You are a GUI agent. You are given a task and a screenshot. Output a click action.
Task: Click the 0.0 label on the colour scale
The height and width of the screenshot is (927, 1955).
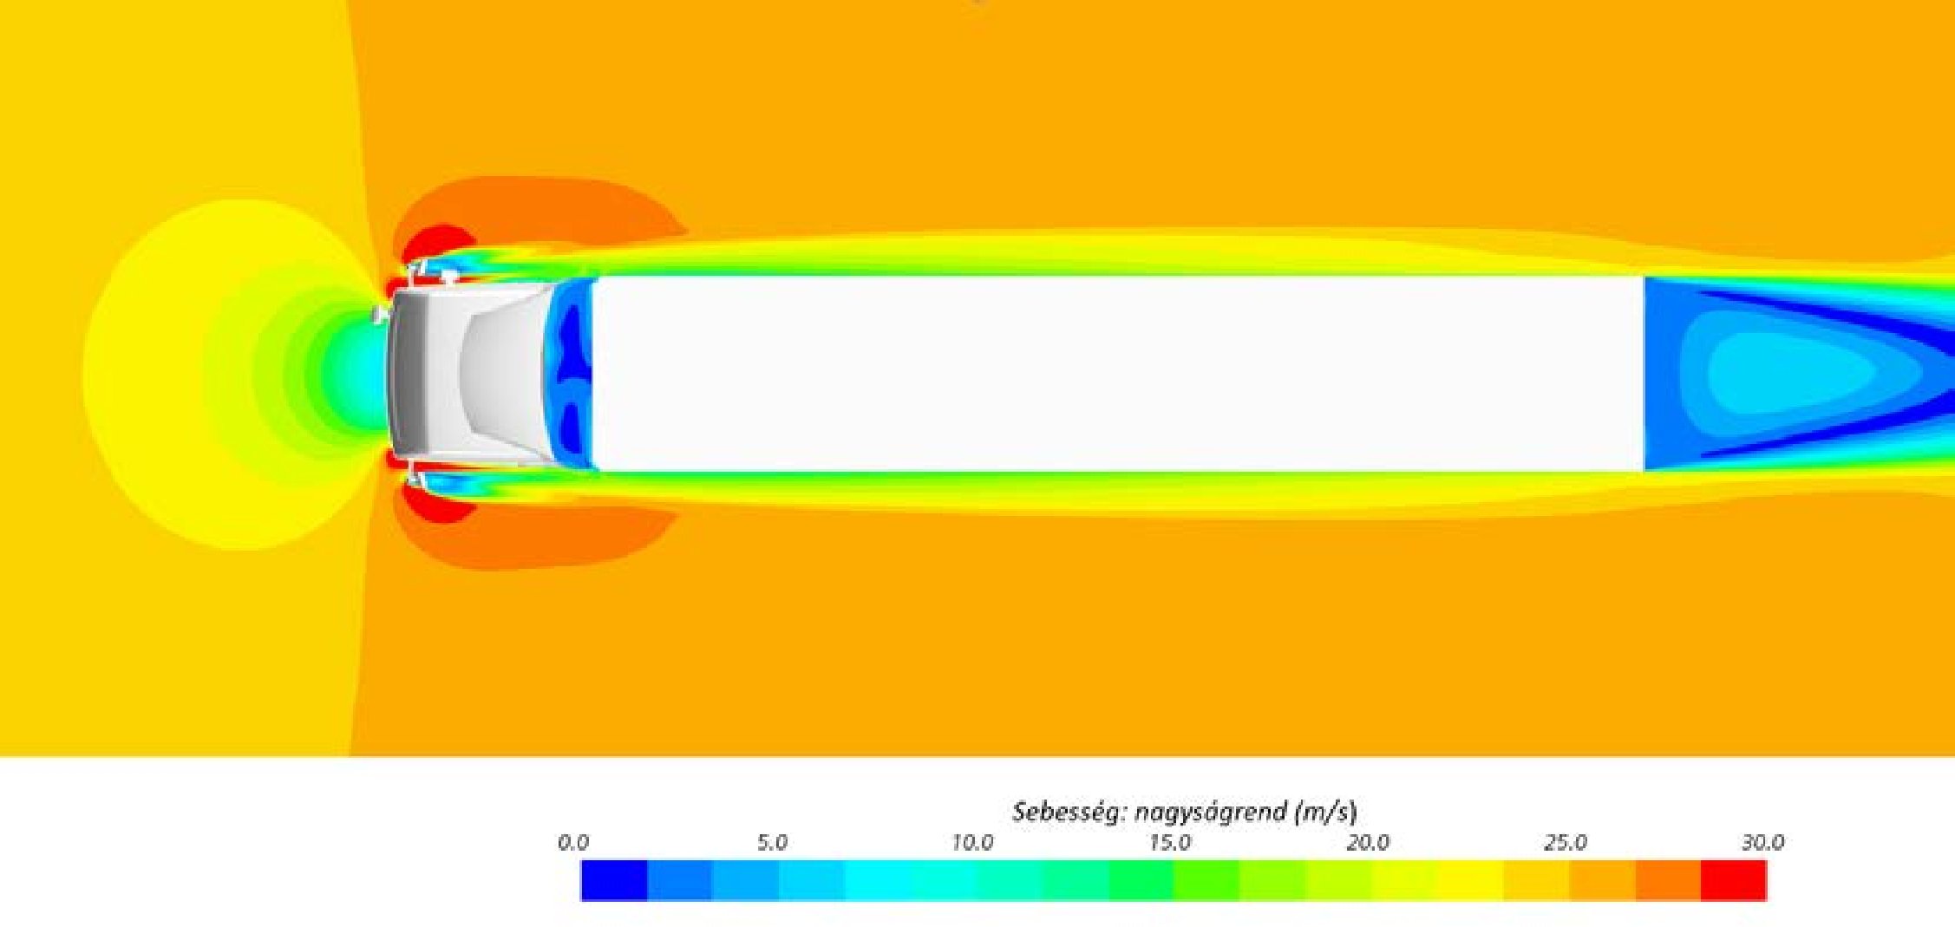572,842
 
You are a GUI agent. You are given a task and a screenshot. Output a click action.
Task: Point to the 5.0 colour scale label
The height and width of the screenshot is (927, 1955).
772,842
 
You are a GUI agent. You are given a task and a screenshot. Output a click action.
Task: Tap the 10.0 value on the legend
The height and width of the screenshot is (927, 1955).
971,842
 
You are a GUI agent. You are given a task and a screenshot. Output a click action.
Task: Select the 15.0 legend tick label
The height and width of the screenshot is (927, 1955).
1169,842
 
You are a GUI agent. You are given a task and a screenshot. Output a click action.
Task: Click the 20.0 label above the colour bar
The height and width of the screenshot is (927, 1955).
1368,842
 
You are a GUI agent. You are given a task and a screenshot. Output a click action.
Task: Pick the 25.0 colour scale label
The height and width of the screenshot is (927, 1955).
1566,842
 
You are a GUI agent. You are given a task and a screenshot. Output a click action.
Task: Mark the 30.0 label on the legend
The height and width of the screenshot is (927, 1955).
1762,842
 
